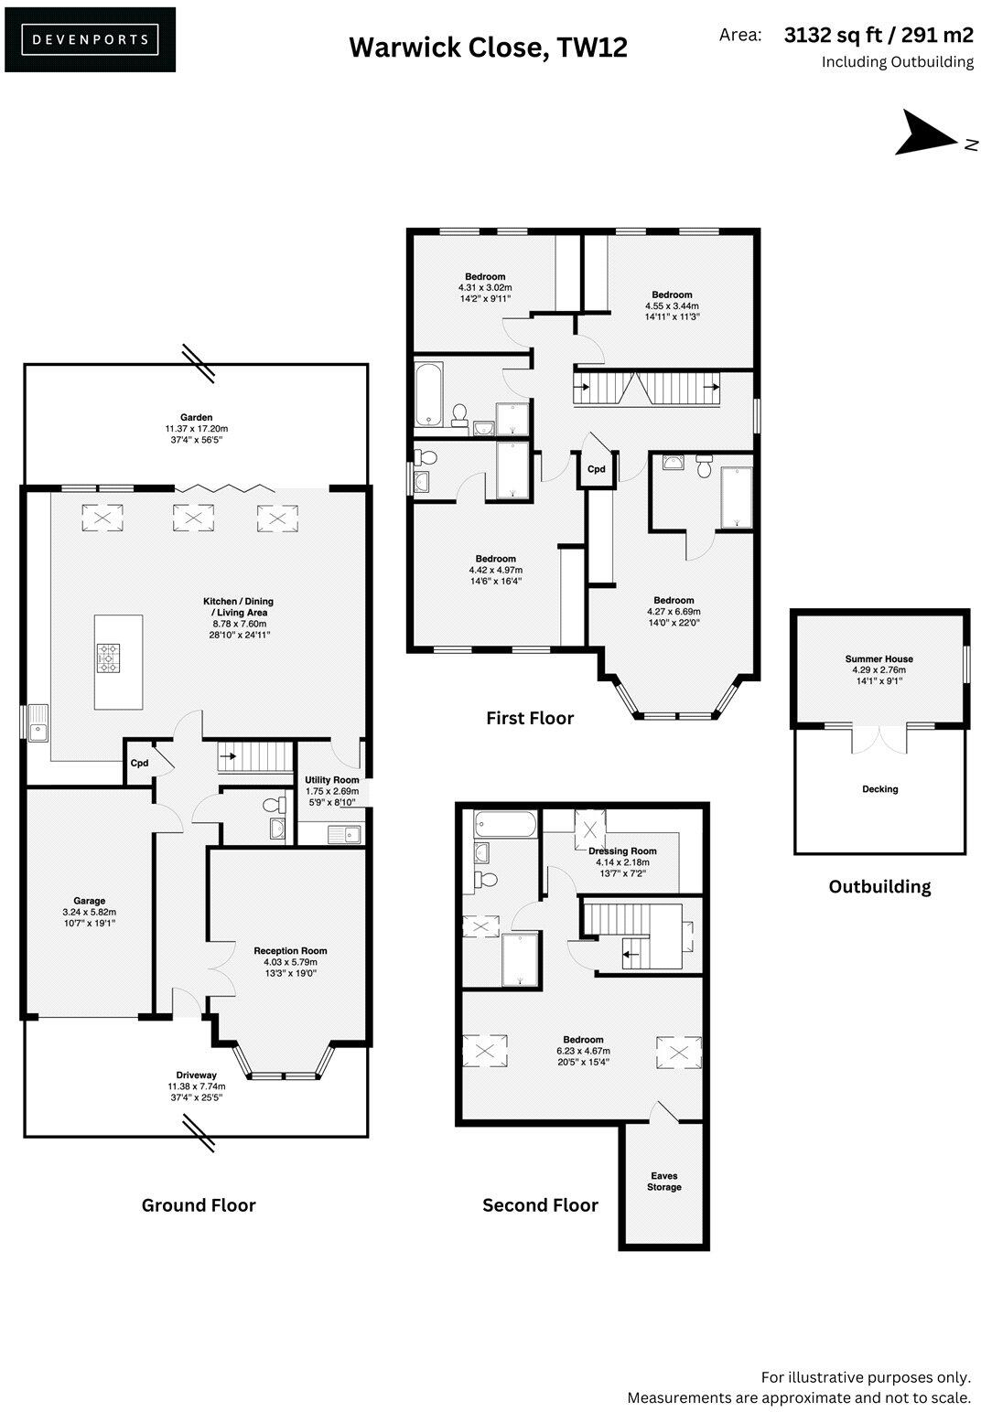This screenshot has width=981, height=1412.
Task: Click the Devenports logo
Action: click(x=90, y=39)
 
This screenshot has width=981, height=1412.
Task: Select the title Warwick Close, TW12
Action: click(x=488, y=47)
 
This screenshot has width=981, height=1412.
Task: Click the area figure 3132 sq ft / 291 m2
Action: click(x=879, y=36)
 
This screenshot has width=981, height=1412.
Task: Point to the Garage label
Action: click(x=89, y=901)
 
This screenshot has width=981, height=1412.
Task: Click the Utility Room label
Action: click(x=332, y=780)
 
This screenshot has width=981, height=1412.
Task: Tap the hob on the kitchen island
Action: click(x=109, y=658)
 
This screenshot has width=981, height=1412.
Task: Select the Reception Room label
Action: click(x=290, y=951)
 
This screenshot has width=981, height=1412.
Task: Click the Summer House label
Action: click(x=879, y=658)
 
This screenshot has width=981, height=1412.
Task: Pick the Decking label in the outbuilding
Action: click(x=879, y=789)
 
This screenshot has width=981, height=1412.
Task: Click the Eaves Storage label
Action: click(x=664, y=1182)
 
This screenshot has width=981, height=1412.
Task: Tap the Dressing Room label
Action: click(x=622, y=850)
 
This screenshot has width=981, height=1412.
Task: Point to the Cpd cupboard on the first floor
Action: click(x=596, y=469)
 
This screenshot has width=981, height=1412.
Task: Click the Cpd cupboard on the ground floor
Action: click(x=139, y=763)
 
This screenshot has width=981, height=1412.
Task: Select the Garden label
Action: click(x=196, y=418)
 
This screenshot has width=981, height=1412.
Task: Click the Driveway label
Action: click(x=196, y=1075)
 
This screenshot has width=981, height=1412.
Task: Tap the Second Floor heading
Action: click(x=540, y=1205)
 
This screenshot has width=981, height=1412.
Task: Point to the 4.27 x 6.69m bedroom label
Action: click(x=674, y=601)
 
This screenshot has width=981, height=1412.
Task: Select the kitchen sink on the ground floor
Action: click(x=38, y=723)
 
